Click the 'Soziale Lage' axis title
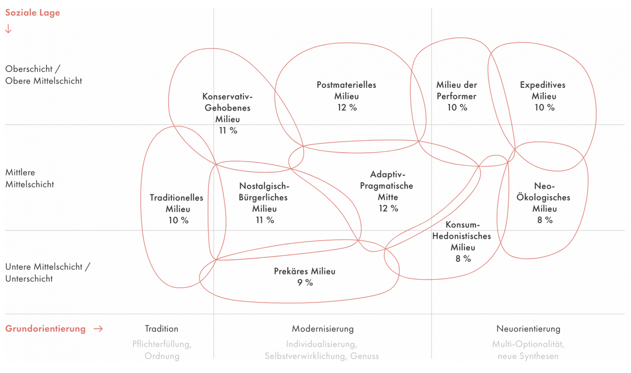[x=32, y=13]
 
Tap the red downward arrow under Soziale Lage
[x=8, y=29]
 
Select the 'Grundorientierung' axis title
[x=46, y=329]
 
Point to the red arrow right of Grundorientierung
[x=98, y=329]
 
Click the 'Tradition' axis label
[x=162, y=329]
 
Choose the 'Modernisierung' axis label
[x=323, y=329]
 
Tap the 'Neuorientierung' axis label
[x=528, y=329]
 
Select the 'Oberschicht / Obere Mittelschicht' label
[x=43, y=75]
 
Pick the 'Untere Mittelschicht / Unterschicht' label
[x=47, y=272]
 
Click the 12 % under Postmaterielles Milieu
[x=346, y=107]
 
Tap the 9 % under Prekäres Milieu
[x=305, y=283]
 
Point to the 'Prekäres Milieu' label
[x=305, y=271]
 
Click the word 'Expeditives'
[x=543, y=85]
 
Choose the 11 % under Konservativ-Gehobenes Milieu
[x=228, y=130]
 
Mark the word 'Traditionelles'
[x=176, y=198]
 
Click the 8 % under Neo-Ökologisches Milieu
[x=544, y=220]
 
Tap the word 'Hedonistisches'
[x=462, y=236]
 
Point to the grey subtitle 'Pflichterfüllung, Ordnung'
[x=162, y=350]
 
